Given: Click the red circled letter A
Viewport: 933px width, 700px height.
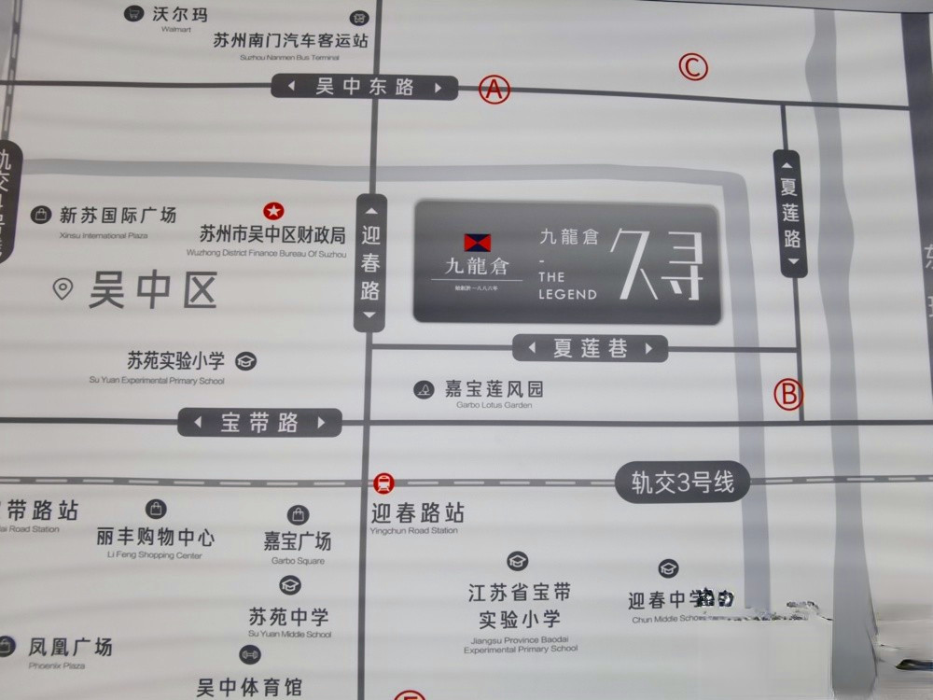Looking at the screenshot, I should point(494,90).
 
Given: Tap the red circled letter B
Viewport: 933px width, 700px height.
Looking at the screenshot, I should point(789,393).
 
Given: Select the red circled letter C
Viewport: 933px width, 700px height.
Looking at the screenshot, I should point(693,67).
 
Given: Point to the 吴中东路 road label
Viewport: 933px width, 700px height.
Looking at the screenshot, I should point(365,87).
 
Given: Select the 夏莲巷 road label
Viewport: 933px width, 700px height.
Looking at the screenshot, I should point(591,349).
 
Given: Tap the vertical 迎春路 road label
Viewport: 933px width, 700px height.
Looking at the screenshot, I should point(370,262).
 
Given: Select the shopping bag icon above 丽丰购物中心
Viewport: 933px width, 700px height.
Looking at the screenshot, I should point(156,510).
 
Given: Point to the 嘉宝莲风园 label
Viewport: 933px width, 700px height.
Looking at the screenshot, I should point(493,389).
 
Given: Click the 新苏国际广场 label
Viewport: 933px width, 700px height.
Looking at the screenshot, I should point(118,216).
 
